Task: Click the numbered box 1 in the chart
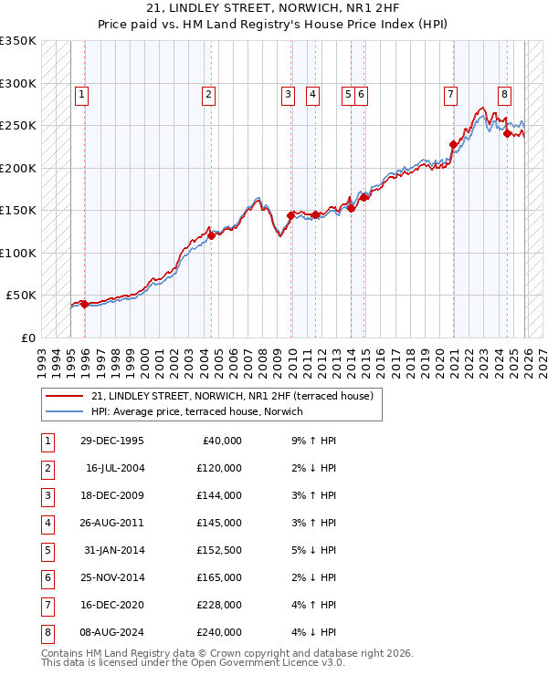82,93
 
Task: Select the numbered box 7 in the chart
451,93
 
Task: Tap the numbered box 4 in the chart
312,93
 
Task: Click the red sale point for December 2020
453,144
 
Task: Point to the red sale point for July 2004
211,235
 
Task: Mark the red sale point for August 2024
507,134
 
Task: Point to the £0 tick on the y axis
29,338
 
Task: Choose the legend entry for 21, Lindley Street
232,396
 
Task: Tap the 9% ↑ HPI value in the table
311,441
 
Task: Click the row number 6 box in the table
46,577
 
